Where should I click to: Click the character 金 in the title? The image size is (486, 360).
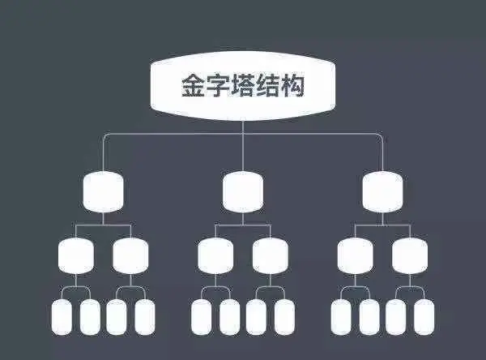tap(194, 85)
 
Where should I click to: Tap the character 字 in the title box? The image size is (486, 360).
tap(218, 85)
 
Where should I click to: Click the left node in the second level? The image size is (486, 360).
tap(103, 192)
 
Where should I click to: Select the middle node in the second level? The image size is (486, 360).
tap(243, 192)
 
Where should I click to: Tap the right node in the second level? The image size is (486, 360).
tap(383, 192)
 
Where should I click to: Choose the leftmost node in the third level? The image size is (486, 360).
tap(76, 256)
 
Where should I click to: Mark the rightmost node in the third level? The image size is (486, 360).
tap(410, 256)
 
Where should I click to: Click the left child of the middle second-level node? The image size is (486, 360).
tap(215, 256)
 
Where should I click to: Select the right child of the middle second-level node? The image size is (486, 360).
tap(271, 256)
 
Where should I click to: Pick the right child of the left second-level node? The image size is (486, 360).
tap(131, 256)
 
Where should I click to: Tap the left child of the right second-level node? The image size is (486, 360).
tap(356, 256)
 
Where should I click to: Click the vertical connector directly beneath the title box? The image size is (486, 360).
tap(243, 122)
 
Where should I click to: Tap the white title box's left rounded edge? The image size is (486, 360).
tap(156, 85)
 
